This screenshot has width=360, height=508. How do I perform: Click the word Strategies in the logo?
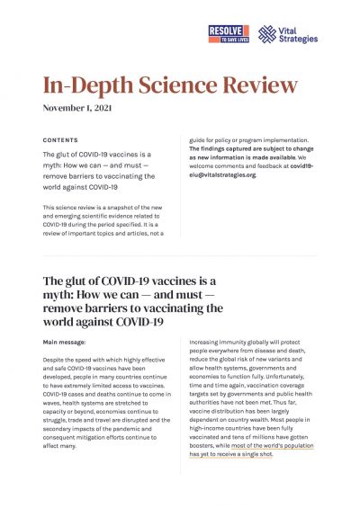[299, 40]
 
